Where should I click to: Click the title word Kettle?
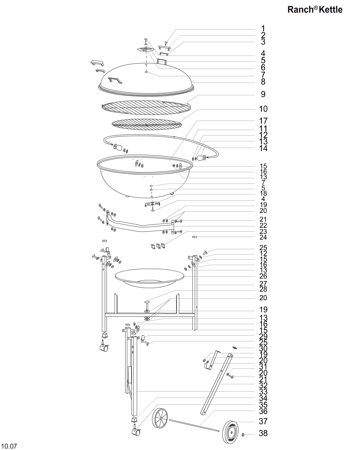tap(331, 9)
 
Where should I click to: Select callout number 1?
tap(263, 28)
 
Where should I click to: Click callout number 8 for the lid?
tap(263, 82)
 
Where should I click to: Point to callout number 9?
tap(263, 94)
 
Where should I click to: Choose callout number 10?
tap(263, 109)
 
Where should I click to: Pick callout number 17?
tap(263, 121)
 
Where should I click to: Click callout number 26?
tap(263, 276)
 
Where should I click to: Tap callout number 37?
tap(263, 421)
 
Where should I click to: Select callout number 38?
tap(263, 433)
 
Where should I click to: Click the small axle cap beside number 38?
tap(243, 435)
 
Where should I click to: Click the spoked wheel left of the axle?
tap(160, 418)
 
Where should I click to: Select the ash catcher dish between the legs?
tap(150, 278)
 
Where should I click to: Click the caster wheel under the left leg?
tap(104, 348)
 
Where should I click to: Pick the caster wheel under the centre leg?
tap(136, 431)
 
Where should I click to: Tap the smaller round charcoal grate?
tap(147, 124)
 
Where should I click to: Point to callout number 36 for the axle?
tap(263, 411)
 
